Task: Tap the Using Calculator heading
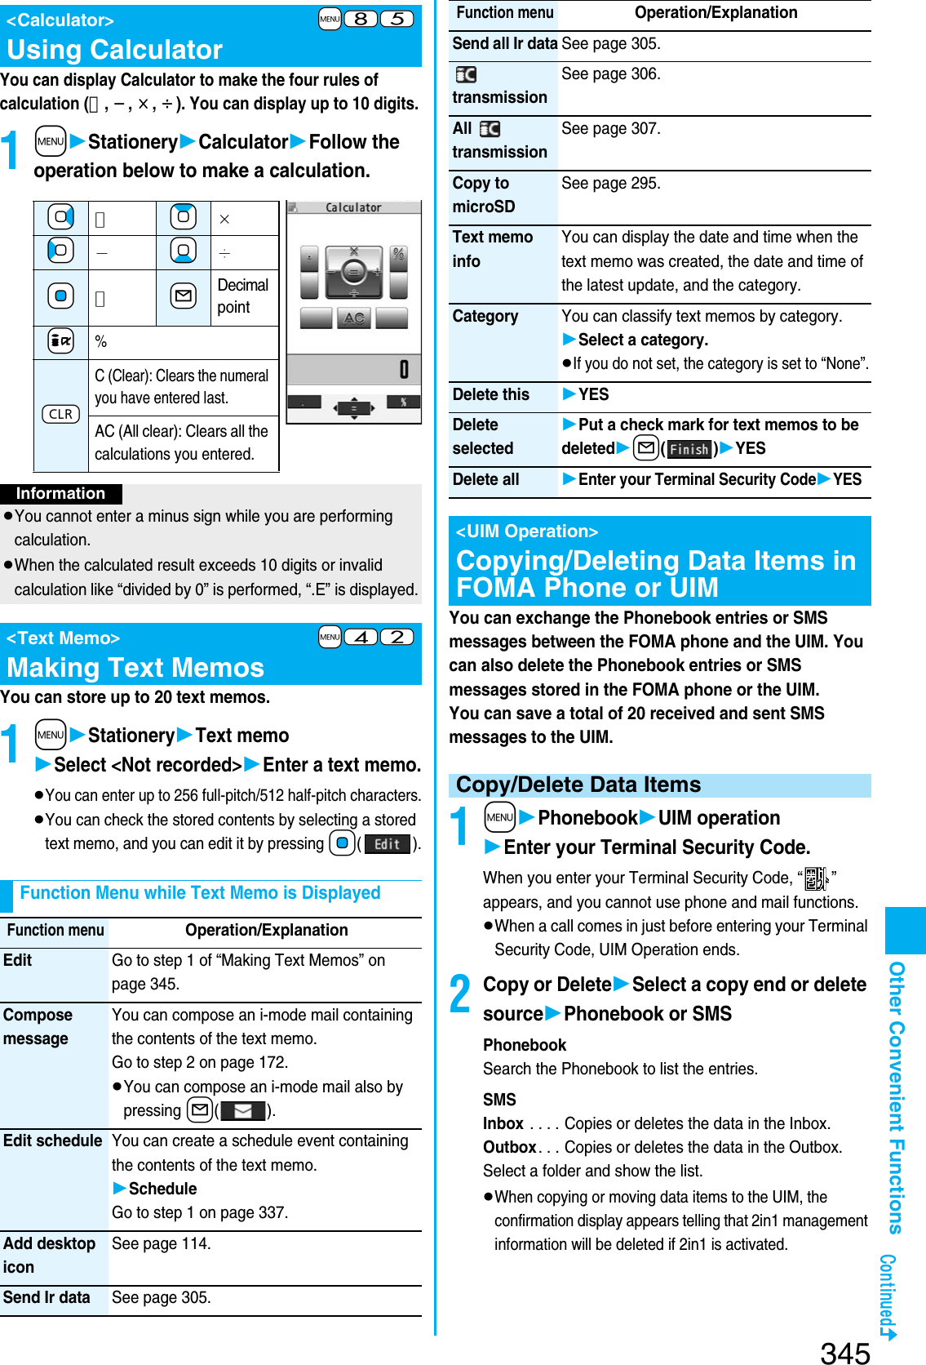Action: coord(115,50)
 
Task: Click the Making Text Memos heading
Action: coord(135,668)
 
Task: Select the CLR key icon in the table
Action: coord(60,414)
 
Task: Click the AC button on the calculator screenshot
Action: coord(354,318)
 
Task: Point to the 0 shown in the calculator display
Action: coord(403,370)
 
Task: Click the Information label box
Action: coord(61,493)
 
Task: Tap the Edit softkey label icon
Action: coord(387,844)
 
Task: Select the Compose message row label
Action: coord(38,1027)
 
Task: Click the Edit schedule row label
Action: coord(53,1140)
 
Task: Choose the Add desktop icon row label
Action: coord(49,1255)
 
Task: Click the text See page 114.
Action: coord(161,1243)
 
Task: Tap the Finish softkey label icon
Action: coord(689,449)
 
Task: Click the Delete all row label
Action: coord(485,479)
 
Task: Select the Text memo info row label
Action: coord(492,249)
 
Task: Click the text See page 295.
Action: coord(610,183)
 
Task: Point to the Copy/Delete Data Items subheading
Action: coord(578,785)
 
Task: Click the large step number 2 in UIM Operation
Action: coord(460,994)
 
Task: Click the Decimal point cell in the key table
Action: coord(242,296)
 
